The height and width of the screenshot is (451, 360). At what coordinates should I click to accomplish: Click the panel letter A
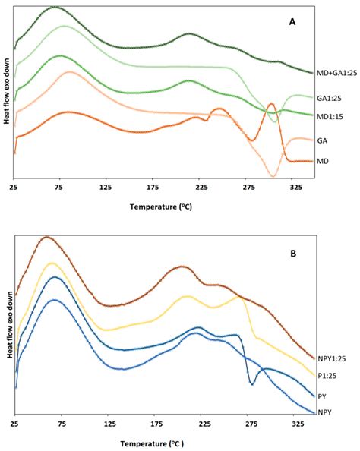[292, 22]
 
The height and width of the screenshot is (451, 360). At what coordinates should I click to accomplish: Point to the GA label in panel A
[322, 140]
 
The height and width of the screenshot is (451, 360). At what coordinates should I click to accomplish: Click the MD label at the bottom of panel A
[323, 161]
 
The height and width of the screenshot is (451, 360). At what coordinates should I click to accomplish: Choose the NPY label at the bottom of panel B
[325, 414]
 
